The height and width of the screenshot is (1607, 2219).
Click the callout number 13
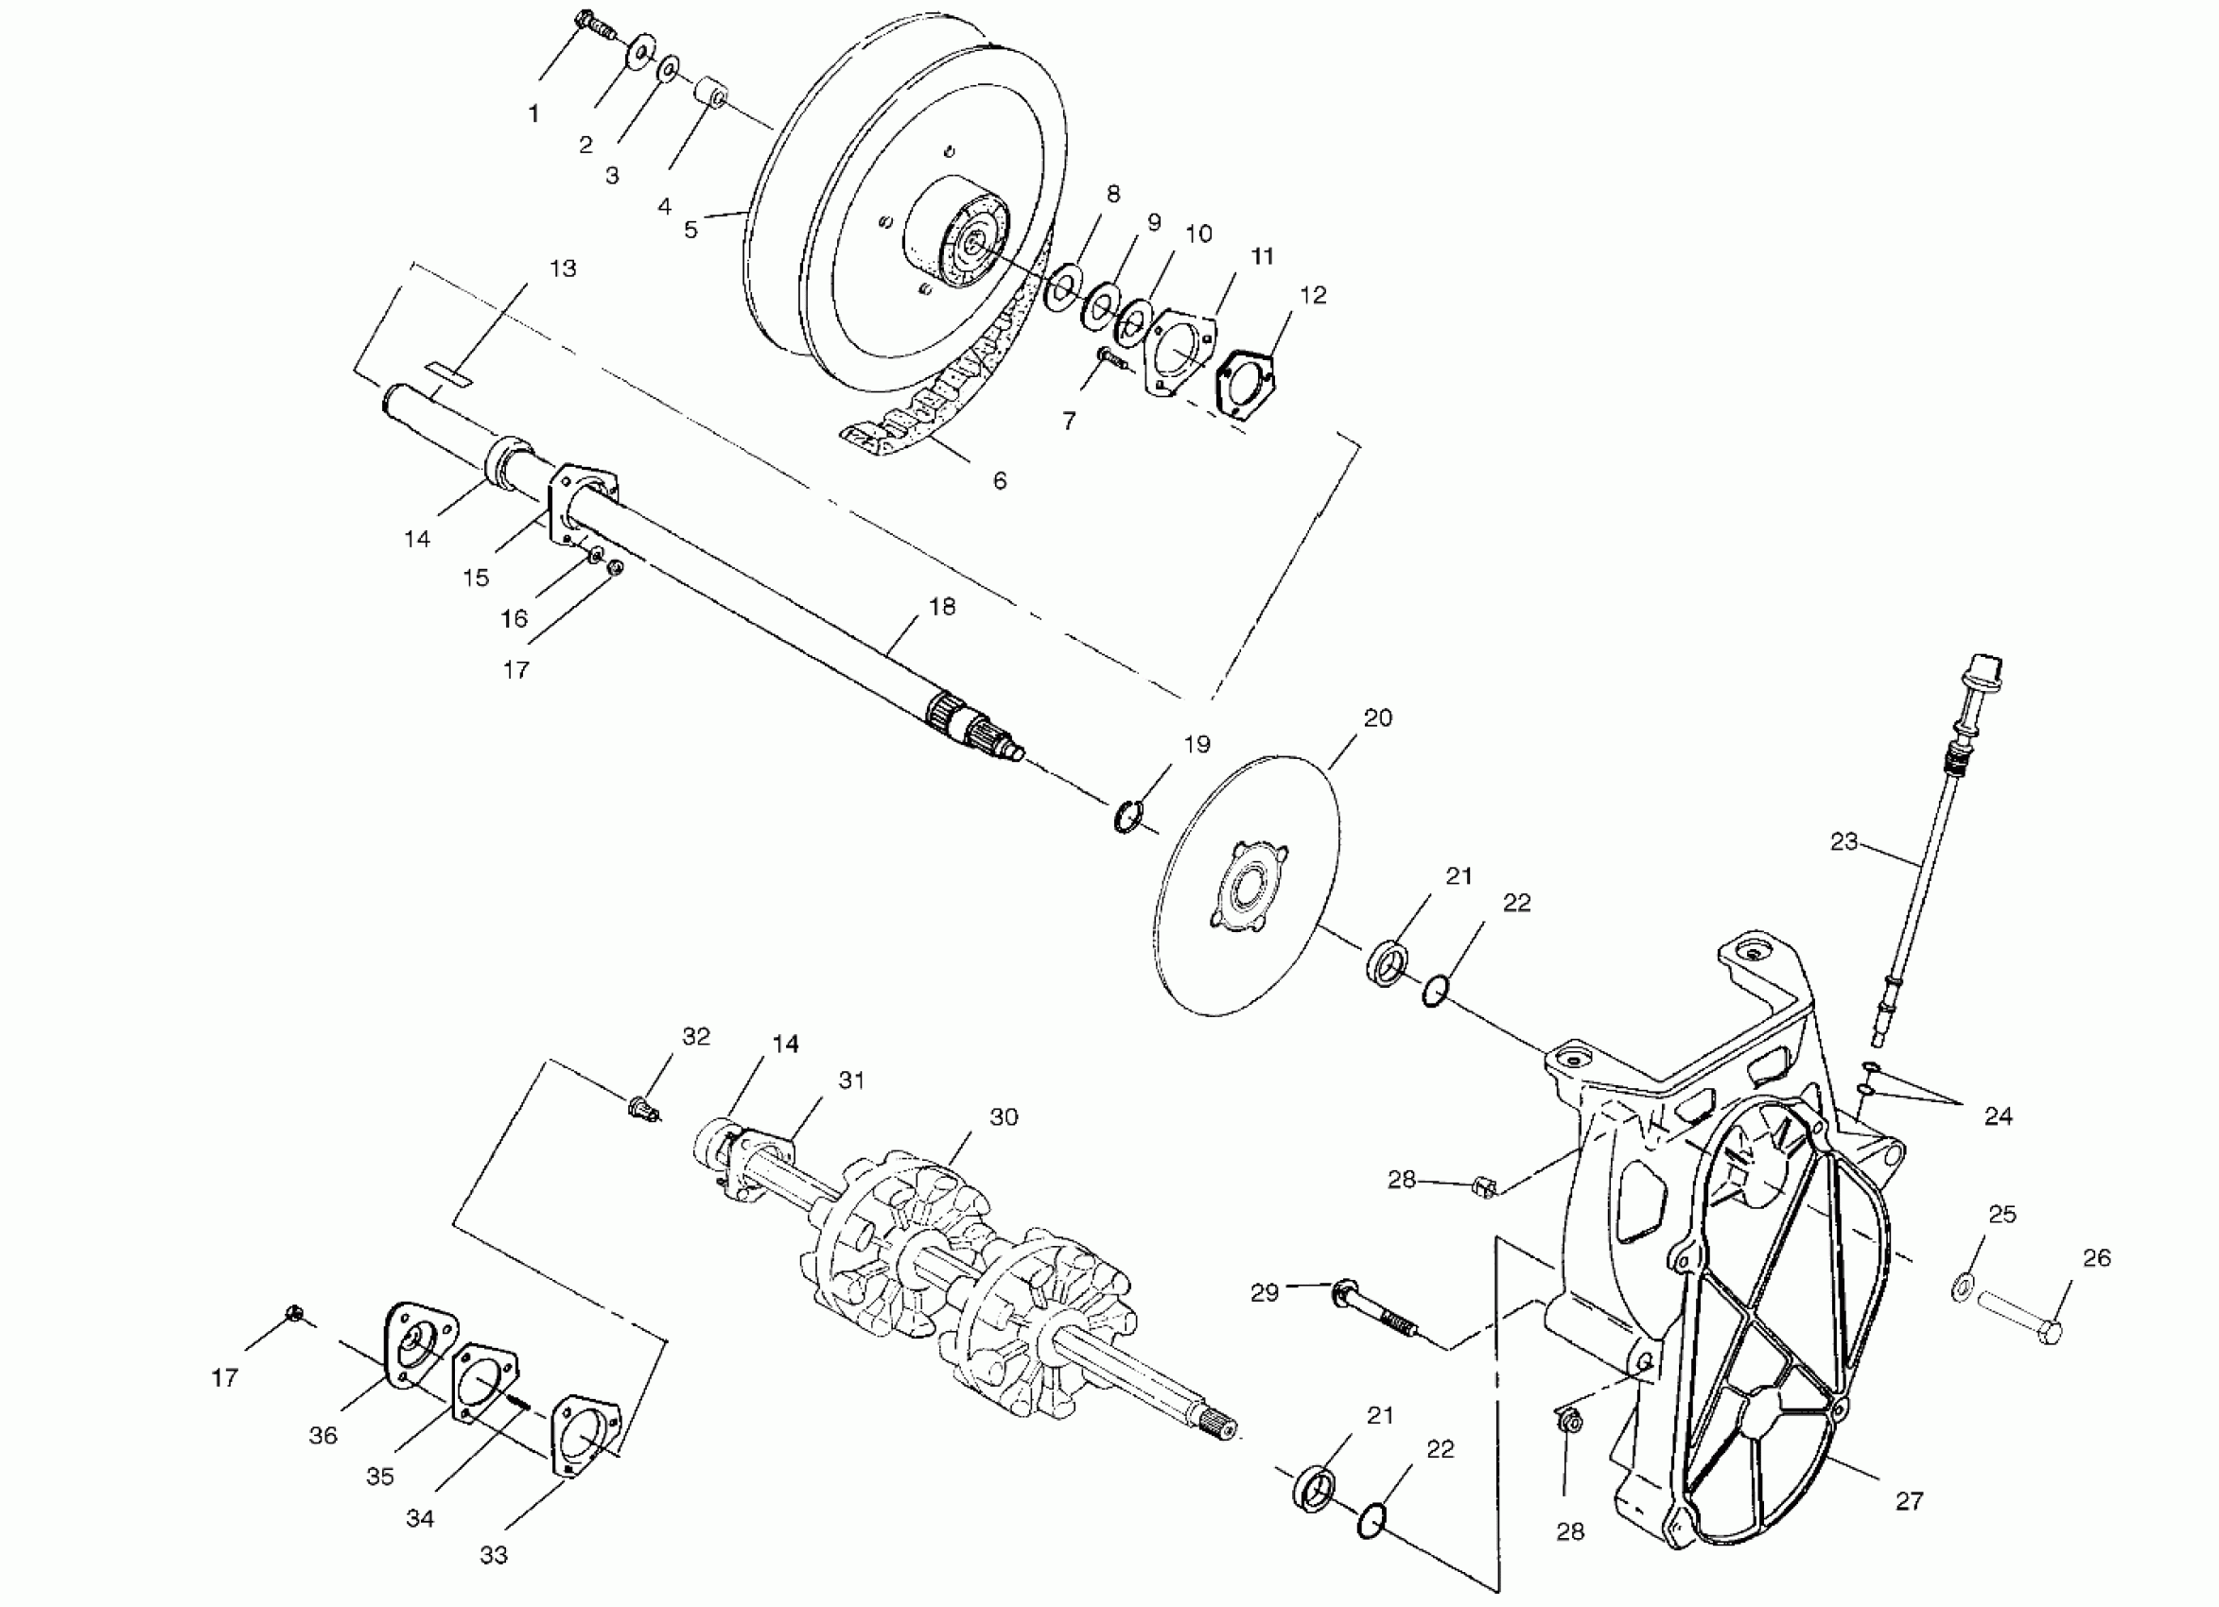564,268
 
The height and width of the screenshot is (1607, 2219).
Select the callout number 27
1909,1500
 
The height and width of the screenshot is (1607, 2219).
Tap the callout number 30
1004,1117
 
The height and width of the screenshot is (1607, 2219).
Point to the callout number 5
690,230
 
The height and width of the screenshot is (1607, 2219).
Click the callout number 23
1843,841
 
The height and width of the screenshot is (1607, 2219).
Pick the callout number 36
323,1435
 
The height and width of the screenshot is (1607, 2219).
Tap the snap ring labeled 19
1128,816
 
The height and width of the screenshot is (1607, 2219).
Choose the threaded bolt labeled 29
1374,1309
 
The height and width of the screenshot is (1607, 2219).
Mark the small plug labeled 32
642,1108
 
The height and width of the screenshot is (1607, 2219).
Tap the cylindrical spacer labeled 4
711,95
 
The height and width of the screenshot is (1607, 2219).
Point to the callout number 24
1997,1116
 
